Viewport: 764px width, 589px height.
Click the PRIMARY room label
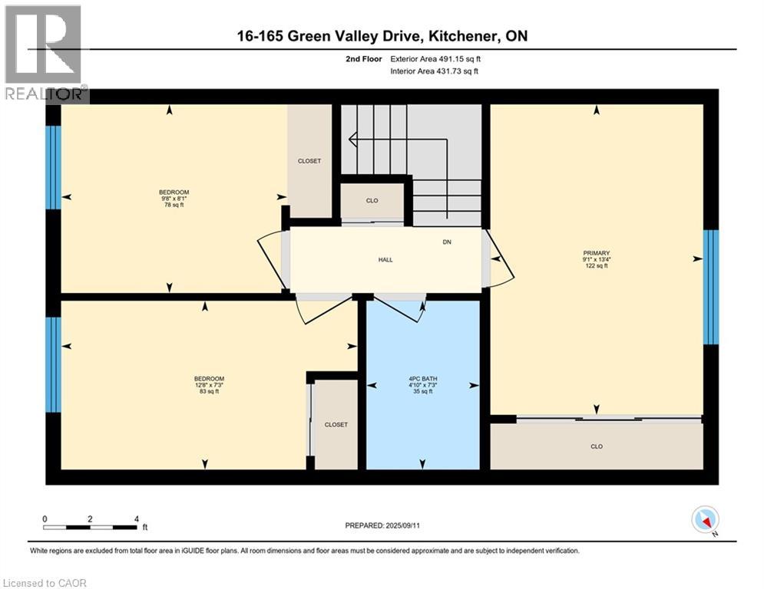point(596,252)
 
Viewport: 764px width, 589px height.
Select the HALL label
point(385,260)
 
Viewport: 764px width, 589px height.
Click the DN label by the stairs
point(447,242)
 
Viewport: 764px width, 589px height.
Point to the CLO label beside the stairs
point(372,201)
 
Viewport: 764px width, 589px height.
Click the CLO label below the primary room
point(596,446)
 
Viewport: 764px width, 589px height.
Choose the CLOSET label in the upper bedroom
point(309,161)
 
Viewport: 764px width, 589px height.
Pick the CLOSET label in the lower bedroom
point(336,424)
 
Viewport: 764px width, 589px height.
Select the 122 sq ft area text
point(596,266)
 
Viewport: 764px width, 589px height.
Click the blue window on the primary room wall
point(711,287)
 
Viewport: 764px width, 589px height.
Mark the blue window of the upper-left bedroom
point(52,167)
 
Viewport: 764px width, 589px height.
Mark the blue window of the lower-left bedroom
point(52,364)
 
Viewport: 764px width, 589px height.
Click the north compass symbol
point(704,522)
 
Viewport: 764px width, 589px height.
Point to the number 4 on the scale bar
point(136,519)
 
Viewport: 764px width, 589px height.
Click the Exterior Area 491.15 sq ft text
point(435,58)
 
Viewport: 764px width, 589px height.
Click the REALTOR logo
point(45,52)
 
